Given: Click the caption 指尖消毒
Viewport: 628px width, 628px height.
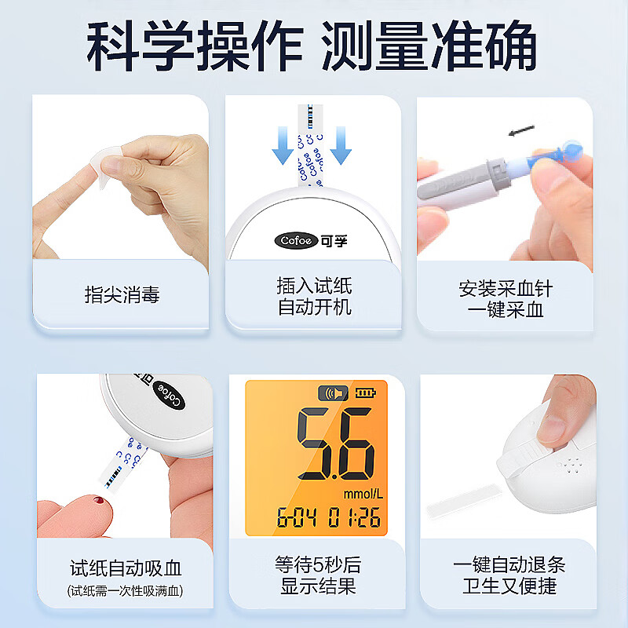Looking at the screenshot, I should tap(122, 295).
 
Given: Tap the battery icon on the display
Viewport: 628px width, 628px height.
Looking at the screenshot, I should tap(365, 392).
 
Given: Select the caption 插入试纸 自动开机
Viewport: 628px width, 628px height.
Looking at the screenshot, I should tap(314, 295).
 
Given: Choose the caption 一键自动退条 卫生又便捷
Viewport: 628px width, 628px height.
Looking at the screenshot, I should tap(508, 575).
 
